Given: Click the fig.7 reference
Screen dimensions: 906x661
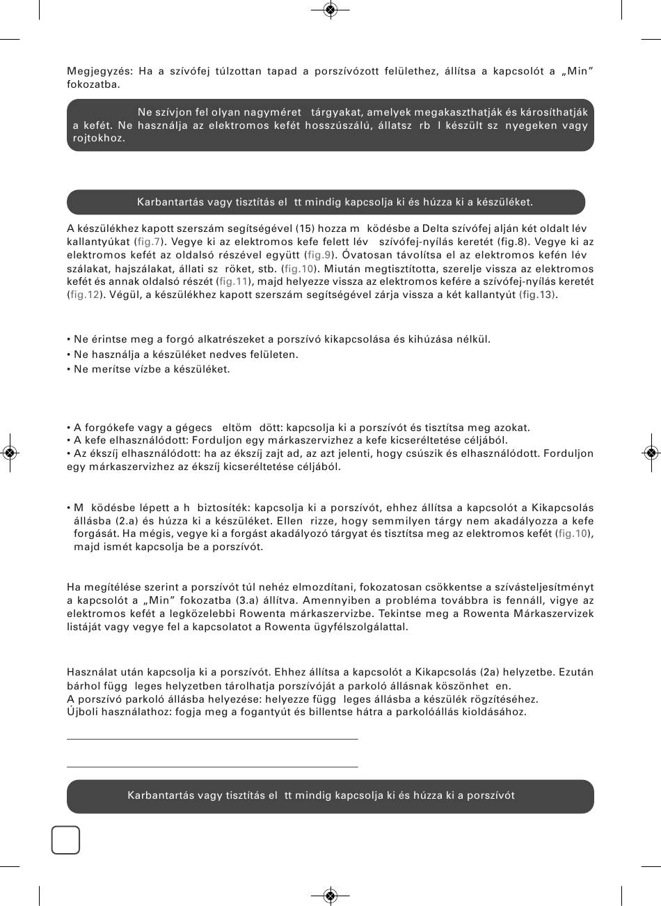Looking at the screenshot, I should [148, 242].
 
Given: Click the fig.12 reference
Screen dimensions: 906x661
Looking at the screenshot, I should [82, 295].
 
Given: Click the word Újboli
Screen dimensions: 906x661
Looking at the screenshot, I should [82, 712].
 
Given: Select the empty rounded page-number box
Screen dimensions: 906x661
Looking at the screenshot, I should [65, 840].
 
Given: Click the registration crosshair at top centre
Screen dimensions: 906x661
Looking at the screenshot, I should [330, 10].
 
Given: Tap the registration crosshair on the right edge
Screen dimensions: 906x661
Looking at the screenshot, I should [651, 453].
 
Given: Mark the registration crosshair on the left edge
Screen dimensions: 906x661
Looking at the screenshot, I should [10, 453].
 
